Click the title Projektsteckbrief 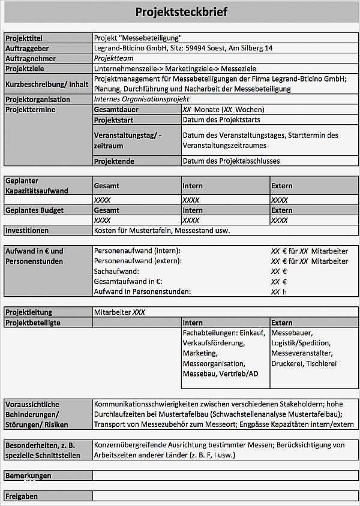(181, 12)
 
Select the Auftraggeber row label (27, 48)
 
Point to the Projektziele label (25, 68)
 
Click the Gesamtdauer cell (116, 110)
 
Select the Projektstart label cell (113, 120)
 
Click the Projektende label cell (114, 161)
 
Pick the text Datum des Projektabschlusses (231, 161)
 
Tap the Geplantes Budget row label (35, 210)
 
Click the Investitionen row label (27, 230)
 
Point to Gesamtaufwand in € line (128, 281)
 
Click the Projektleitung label (29, 312)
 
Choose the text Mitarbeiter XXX (119, 312)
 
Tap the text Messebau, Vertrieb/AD (220, 374)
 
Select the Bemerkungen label (28, 475)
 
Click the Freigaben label (22, 496)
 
